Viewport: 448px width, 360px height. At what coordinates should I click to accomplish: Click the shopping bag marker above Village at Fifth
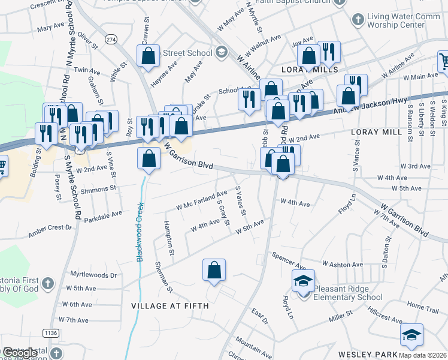pos(214,271)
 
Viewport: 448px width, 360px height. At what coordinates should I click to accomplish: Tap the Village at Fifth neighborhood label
pos(170,306)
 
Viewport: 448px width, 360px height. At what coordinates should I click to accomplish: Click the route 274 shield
pos(111,39)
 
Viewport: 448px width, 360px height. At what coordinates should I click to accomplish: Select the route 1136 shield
pos(50,332)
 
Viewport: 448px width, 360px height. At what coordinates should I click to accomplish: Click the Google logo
pos(19,353)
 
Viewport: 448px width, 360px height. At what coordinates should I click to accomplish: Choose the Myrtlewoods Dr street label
pos(93,275)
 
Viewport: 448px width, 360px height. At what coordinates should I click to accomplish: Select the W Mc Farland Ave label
pos(202,200)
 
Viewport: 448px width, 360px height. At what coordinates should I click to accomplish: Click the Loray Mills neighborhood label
pos(318,70)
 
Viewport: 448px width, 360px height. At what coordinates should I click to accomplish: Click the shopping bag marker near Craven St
pos(149,56)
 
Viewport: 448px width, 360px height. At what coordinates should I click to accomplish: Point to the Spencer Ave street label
pos(289,262)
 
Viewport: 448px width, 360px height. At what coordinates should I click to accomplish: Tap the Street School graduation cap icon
pos(221,53)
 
